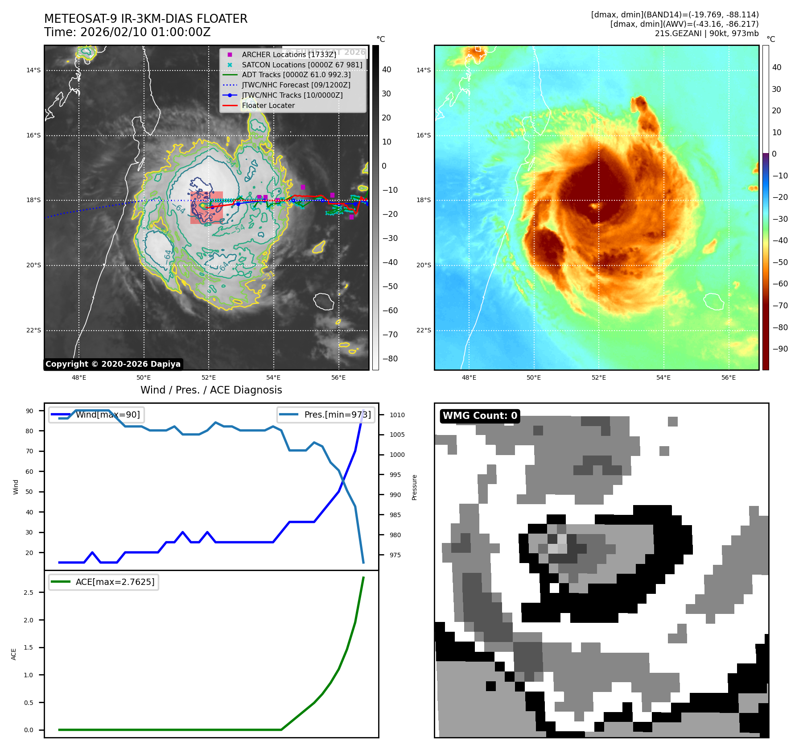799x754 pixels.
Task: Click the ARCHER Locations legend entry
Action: [289, 54]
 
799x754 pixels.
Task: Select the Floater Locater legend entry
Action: [268, 106]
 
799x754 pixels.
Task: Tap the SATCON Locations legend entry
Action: [302, 65]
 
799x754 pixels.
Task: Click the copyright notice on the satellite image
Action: [113, 364]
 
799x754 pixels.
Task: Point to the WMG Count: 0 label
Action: [480, 416]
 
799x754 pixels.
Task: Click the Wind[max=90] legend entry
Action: [107, 415]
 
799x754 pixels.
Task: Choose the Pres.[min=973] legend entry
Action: [337, 415]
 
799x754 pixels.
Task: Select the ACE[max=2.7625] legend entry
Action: [115, 582]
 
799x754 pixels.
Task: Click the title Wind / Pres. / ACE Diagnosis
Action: [211, 390]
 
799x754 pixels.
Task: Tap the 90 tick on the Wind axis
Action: [29, 411]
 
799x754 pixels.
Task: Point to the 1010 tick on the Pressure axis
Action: [397, 415]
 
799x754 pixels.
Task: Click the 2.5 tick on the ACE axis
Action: [29, 592]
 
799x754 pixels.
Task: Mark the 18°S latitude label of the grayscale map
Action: [33, 200]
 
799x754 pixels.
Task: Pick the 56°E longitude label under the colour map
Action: [729, 378]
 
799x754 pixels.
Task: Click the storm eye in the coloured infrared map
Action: [595, 206]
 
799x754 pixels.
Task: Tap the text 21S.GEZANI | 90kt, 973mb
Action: [706, 33]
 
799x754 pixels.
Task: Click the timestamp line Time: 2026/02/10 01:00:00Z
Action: [127, 33]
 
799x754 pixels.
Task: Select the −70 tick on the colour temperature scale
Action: [780, 306]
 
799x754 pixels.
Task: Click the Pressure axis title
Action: [415, 487]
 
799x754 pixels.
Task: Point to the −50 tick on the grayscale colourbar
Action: [390, 286]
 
